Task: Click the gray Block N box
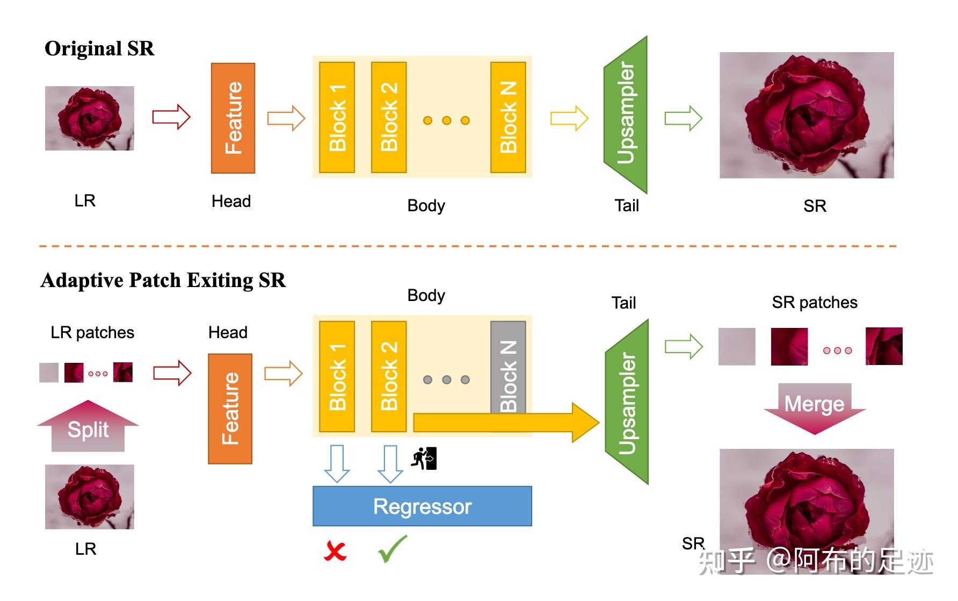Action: (508, 366)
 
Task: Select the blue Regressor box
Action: (422, 506)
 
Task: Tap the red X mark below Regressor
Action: (335, 552)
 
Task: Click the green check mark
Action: (393, 549)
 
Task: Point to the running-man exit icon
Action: (424, 459)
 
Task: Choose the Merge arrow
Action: (815, 406)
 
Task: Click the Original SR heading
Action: (99, 48)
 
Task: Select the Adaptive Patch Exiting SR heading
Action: (163, 280)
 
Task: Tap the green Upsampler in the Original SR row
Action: (626, 114)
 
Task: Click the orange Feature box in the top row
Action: (233, 118)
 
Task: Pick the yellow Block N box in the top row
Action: (508, 117)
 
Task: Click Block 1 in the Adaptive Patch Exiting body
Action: (337, 376)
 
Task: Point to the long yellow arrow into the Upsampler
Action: (505, 423)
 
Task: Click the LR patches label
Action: (92, 333)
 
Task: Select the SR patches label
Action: (814, 303)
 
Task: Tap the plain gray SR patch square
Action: (737, 347)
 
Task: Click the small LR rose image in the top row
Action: (90, 118)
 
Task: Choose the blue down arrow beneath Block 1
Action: (337, 463)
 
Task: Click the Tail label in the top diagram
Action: (626, 205)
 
